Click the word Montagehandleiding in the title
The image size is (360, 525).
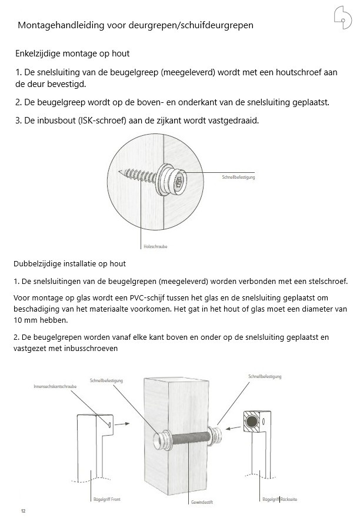point(58,26)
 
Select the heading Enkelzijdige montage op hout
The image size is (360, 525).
point(72,53)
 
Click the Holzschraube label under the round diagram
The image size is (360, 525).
point(155,246)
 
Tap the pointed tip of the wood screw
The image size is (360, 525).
point(120,172)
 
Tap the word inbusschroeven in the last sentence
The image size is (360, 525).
point(91,348)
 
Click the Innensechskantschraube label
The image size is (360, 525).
point(55,387)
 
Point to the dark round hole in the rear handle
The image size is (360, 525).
point(251,422)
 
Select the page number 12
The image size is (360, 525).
point(24,511)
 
